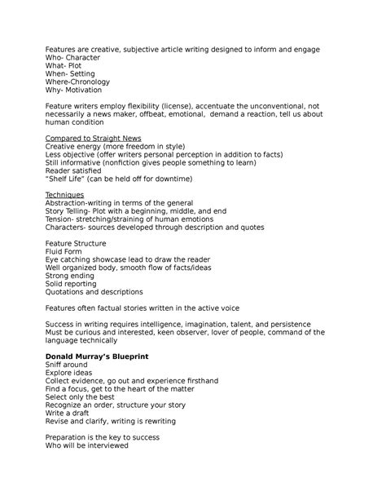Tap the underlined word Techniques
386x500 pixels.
tap(66, 193)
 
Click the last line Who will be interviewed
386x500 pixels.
tap(90, 447)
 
